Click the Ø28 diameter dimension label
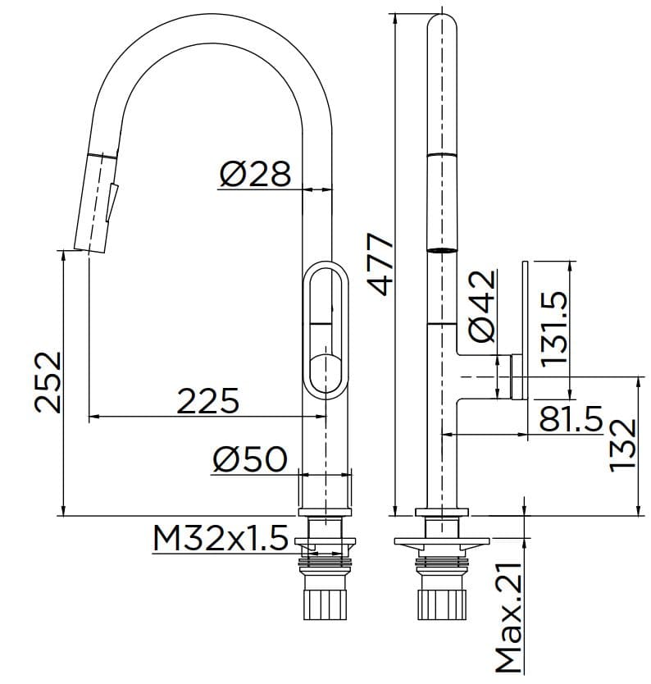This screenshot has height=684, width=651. coord(255,174)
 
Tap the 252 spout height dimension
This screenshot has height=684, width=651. coord(48,381)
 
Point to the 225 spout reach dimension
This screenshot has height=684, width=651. coord(209,401)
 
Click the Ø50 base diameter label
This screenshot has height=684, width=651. coord(249,459)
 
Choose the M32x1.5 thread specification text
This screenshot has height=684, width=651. coord(220,539)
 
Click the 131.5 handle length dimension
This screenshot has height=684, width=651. coord(555,319)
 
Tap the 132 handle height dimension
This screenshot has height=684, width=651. coord(623,445)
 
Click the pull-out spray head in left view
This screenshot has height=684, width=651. coord(97,201)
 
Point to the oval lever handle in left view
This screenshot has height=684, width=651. coord(325,329)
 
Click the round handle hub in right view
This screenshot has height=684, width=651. coord(516,376)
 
